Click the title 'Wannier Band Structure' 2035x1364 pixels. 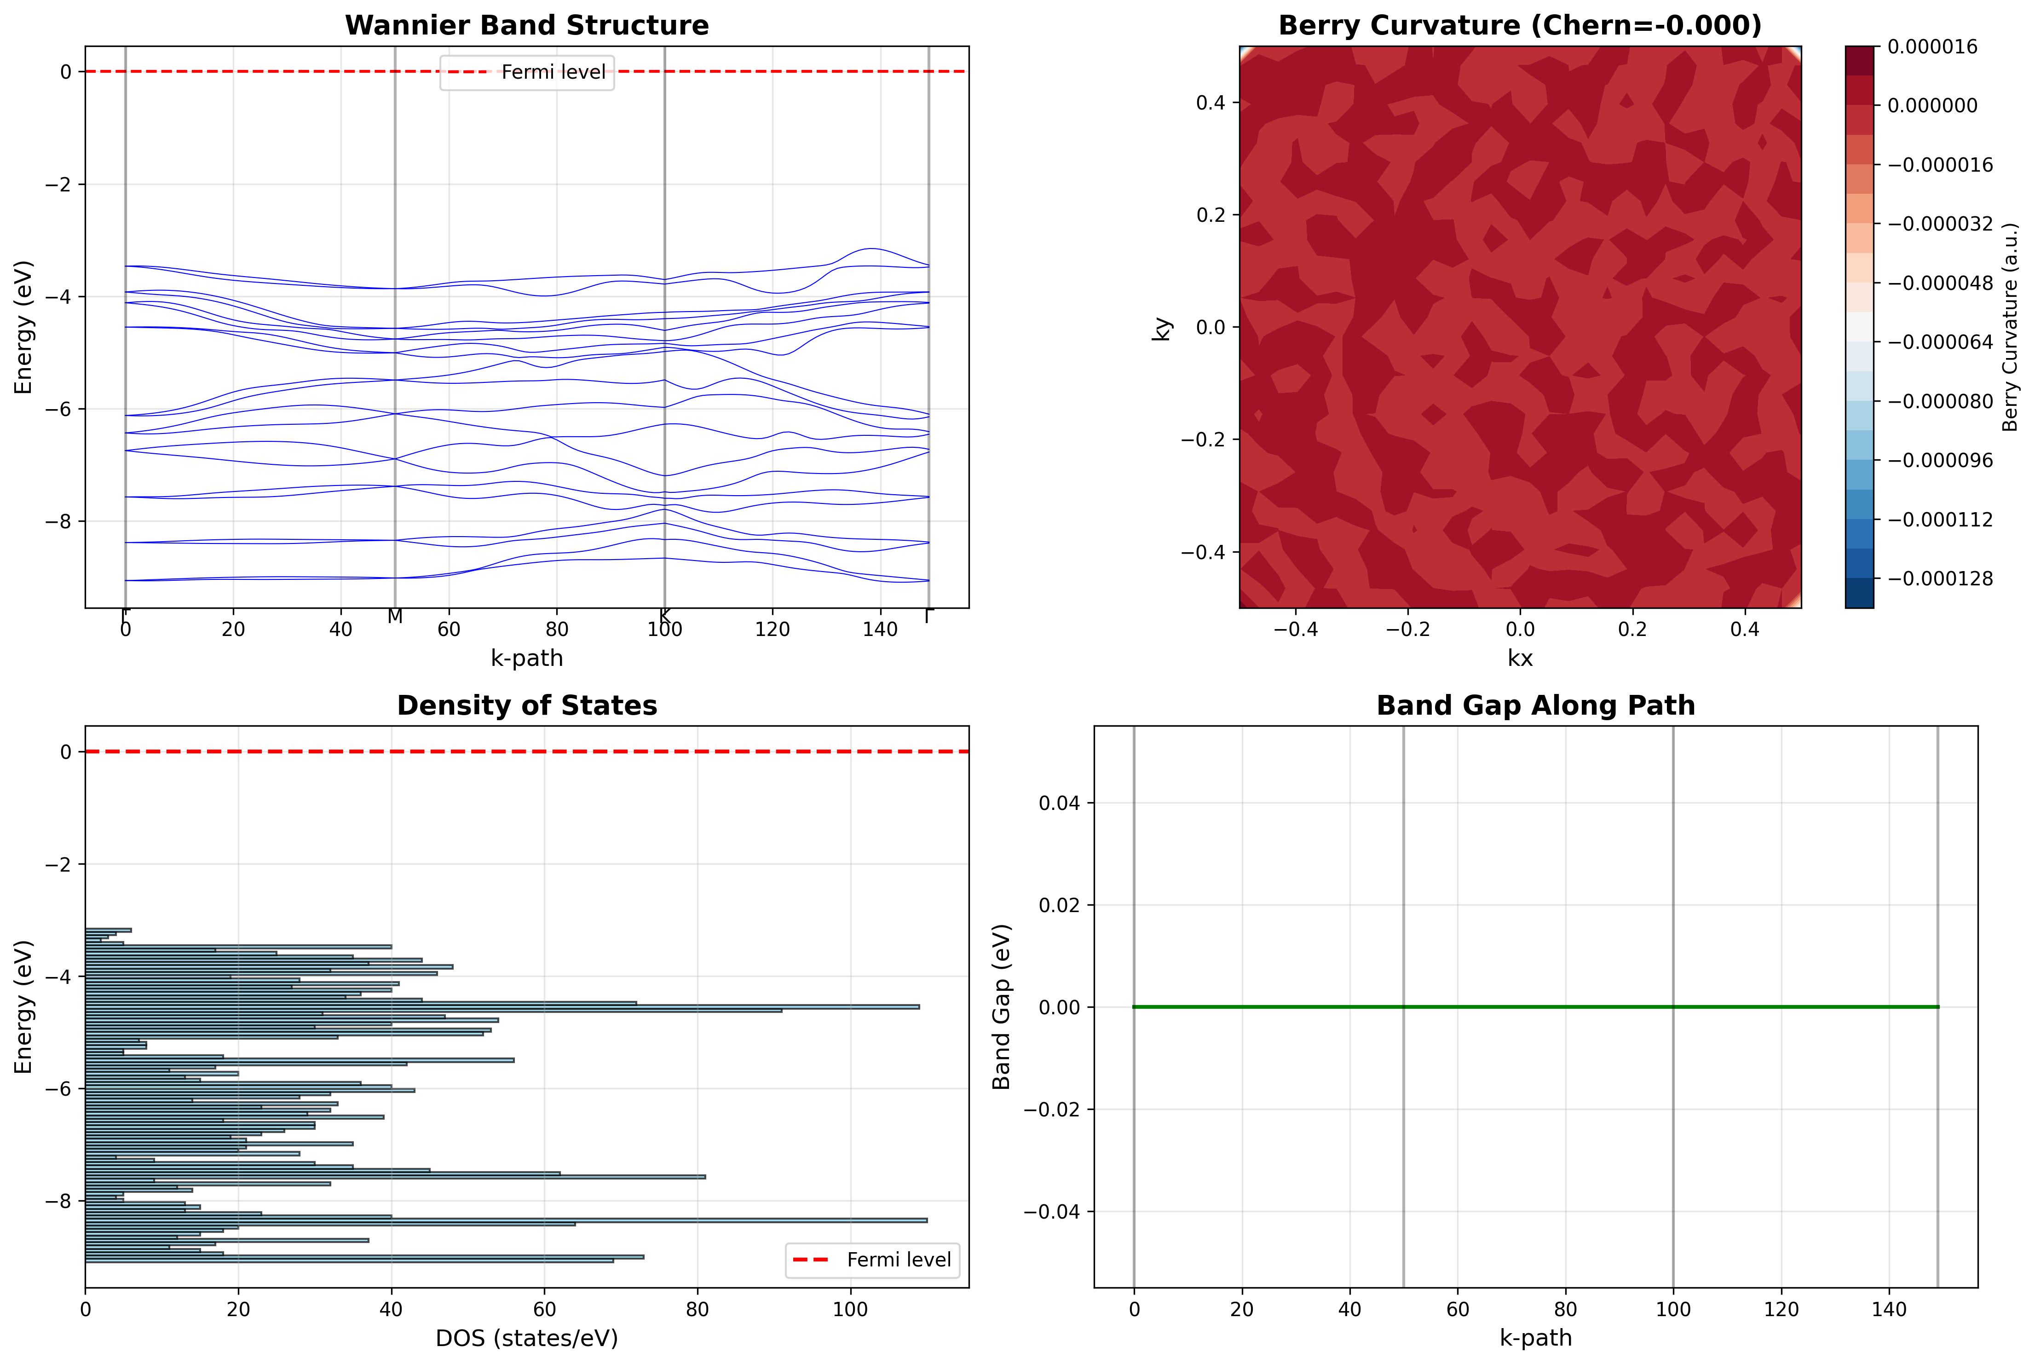click(526, 25)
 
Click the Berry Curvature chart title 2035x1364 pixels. click(1519, 25)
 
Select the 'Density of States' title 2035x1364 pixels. click(526, 705)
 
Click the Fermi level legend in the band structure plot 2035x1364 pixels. click(527, 72)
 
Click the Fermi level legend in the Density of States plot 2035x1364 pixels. click(872, 1260)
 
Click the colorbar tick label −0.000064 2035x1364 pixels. click(1939, 342)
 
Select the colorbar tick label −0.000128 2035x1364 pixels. click(1939, 578)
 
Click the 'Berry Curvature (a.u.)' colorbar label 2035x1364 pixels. click(2010, 327)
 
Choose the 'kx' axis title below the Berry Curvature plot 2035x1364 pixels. click(1519, 659)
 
